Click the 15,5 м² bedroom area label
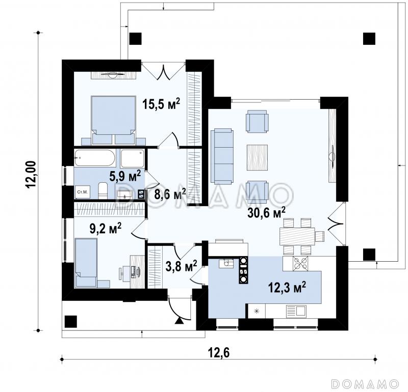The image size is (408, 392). coord(161,104)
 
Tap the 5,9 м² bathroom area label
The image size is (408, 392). coord(125,176)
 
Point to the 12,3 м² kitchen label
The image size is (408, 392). coord(287,287)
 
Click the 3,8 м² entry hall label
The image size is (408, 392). coord(182,266)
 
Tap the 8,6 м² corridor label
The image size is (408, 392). coord(170,194)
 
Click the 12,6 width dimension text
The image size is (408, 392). coord(219,353)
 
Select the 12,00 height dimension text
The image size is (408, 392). coord(31,174)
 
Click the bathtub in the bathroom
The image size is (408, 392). coord(94,158)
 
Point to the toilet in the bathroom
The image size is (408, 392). coord(103,191)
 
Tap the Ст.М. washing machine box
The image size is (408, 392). coord(83,192)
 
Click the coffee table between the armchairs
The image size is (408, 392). coord(258,157)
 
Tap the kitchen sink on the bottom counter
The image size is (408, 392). coord(296,311)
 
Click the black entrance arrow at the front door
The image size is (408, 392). coord(179,321)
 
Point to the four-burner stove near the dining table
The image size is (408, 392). coord(300,264)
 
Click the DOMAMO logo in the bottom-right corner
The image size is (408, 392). coord(366,383)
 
